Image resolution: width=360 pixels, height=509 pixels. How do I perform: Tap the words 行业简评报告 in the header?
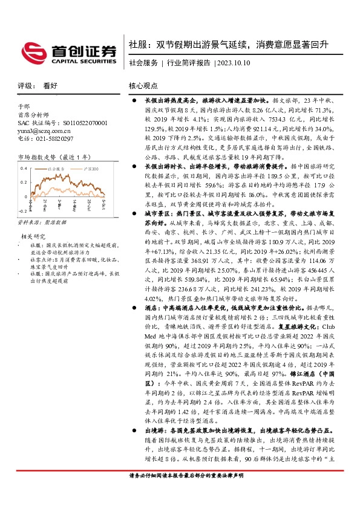coord(188,63)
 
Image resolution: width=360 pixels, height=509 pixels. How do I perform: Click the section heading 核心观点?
coord(143,86)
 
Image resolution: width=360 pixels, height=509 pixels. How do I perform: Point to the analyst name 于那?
coord(24,105)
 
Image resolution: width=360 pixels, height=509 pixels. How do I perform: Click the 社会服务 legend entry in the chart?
coord(56,169)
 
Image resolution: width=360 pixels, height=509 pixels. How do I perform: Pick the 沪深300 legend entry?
coord(87,169)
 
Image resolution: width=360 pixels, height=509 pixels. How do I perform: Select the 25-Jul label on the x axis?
coord(89,204)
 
